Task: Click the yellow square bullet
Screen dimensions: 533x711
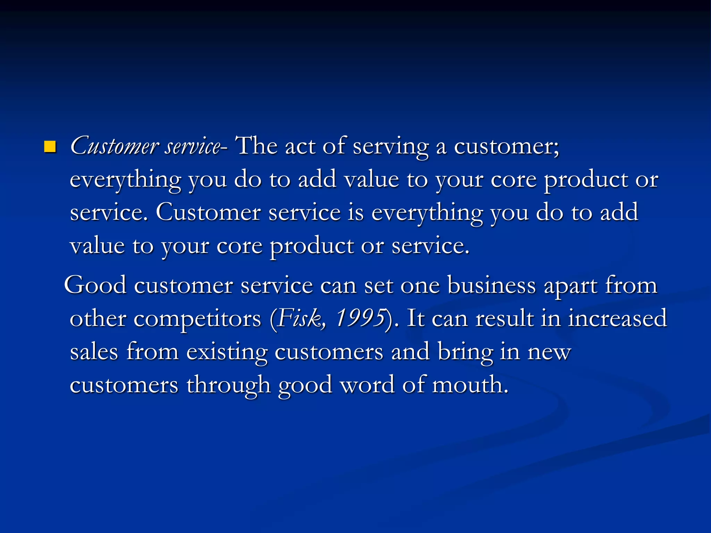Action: click(x=50, y=147)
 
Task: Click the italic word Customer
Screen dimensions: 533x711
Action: click(x=114, y=146)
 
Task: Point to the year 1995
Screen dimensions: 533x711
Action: click(x=360, y=318)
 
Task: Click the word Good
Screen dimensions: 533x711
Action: click(x=95, y=285)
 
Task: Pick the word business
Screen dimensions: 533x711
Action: click(x=491, y=285)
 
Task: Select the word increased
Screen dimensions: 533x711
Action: click(x=617, y=318)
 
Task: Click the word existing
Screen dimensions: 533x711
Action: click(x=227, y=352)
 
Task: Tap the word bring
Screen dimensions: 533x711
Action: click(x=465, y=352)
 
